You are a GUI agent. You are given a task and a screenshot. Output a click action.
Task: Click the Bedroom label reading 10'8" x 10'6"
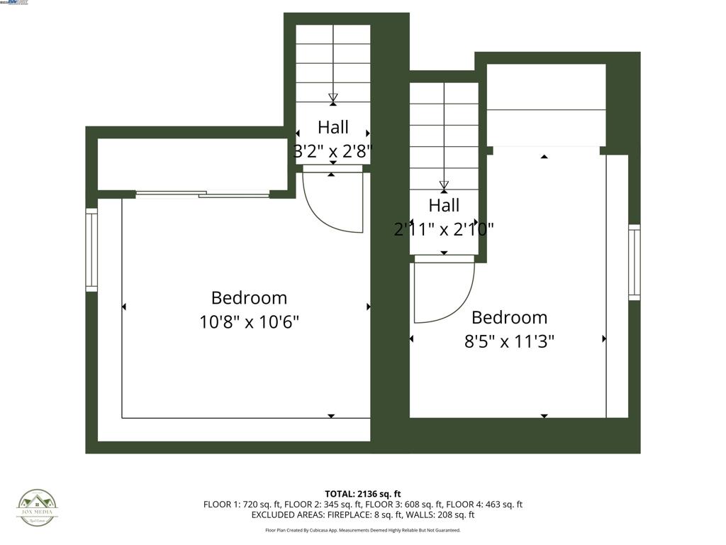click(x=249, y=309)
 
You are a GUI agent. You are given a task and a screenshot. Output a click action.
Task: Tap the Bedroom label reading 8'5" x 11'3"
click(x=509, y=329)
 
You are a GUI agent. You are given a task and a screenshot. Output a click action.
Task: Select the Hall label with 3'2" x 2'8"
click(x=333, y=139)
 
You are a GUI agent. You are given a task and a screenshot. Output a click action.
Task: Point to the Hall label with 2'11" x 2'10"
click(x=444, y=217)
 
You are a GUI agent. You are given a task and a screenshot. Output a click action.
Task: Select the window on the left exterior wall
click(x=91, y=249)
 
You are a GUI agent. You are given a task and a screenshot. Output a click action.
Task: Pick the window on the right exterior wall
click(x=634, y=262)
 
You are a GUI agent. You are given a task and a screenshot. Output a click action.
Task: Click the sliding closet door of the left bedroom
click(x=203, y=194)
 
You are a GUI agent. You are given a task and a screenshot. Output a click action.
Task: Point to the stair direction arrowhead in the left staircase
click(x=333, y=98)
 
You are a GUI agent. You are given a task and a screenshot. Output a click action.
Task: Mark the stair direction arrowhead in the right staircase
click(x=444, y=186)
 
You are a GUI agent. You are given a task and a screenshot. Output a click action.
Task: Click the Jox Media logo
click(x=38, y=508)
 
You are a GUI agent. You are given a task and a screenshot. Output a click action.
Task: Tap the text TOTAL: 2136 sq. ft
click(x=363, y=494)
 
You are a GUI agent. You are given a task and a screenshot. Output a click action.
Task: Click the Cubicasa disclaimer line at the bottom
click(x=363, y=530)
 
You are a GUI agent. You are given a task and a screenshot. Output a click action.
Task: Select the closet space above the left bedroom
click(x=191, y=164)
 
